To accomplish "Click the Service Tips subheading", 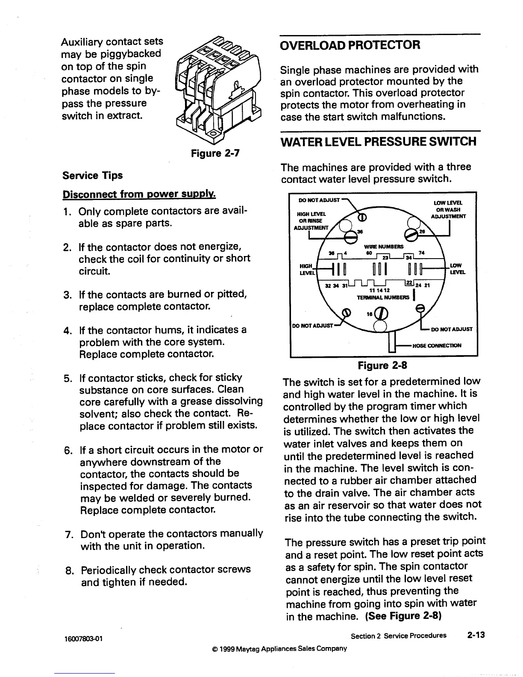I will (x=92, y=175).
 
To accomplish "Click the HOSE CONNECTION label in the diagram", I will (x=437, y=345).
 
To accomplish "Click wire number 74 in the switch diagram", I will (x=422, y=253).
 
